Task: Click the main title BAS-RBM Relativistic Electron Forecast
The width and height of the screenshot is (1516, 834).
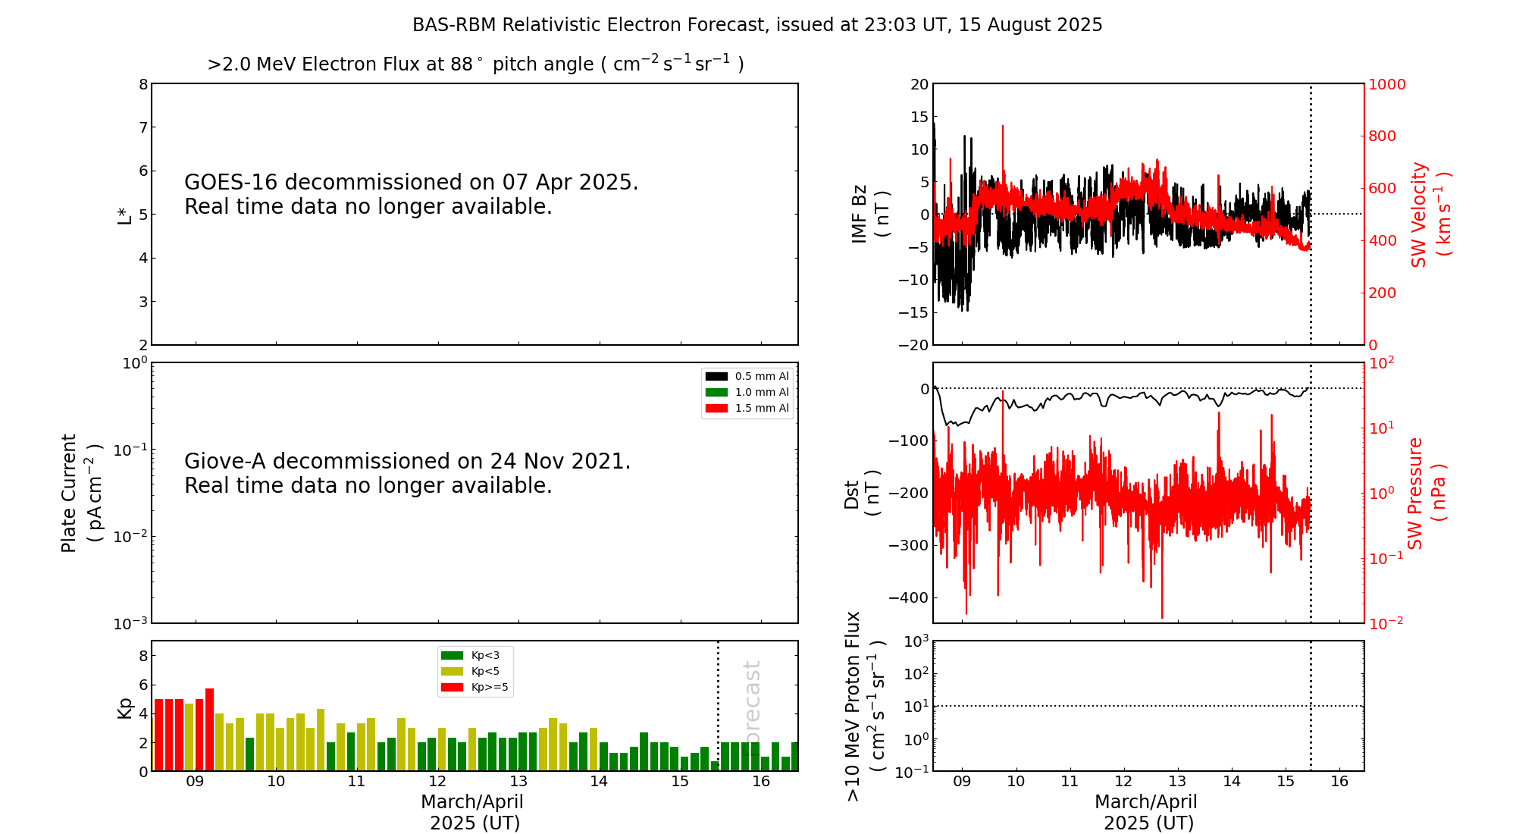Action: [x=756, y=25]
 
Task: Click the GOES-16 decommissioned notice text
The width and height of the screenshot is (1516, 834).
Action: [x=411, y=194]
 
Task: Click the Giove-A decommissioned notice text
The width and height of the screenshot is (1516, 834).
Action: [x=407, y=473]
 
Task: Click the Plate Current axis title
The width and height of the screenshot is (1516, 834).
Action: [x=80, y=493]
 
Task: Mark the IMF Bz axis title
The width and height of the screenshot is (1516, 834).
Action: [x=870, y=215]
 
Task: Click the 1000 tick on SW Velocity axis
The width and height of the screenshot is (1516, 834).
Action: [x=1386, y=84]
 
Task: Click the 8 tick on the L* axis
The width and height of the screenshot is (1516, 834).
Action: [x=143, y=84]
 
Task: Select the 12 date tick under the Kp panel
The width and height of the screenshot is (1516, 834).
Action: [x=437, y=782]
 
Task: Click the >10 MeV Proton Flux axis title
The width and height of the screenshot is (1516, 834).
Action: [x=865, y=706]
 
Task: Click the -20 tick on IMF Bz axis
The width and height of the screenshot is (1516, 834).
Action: [x=913, y=345]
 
